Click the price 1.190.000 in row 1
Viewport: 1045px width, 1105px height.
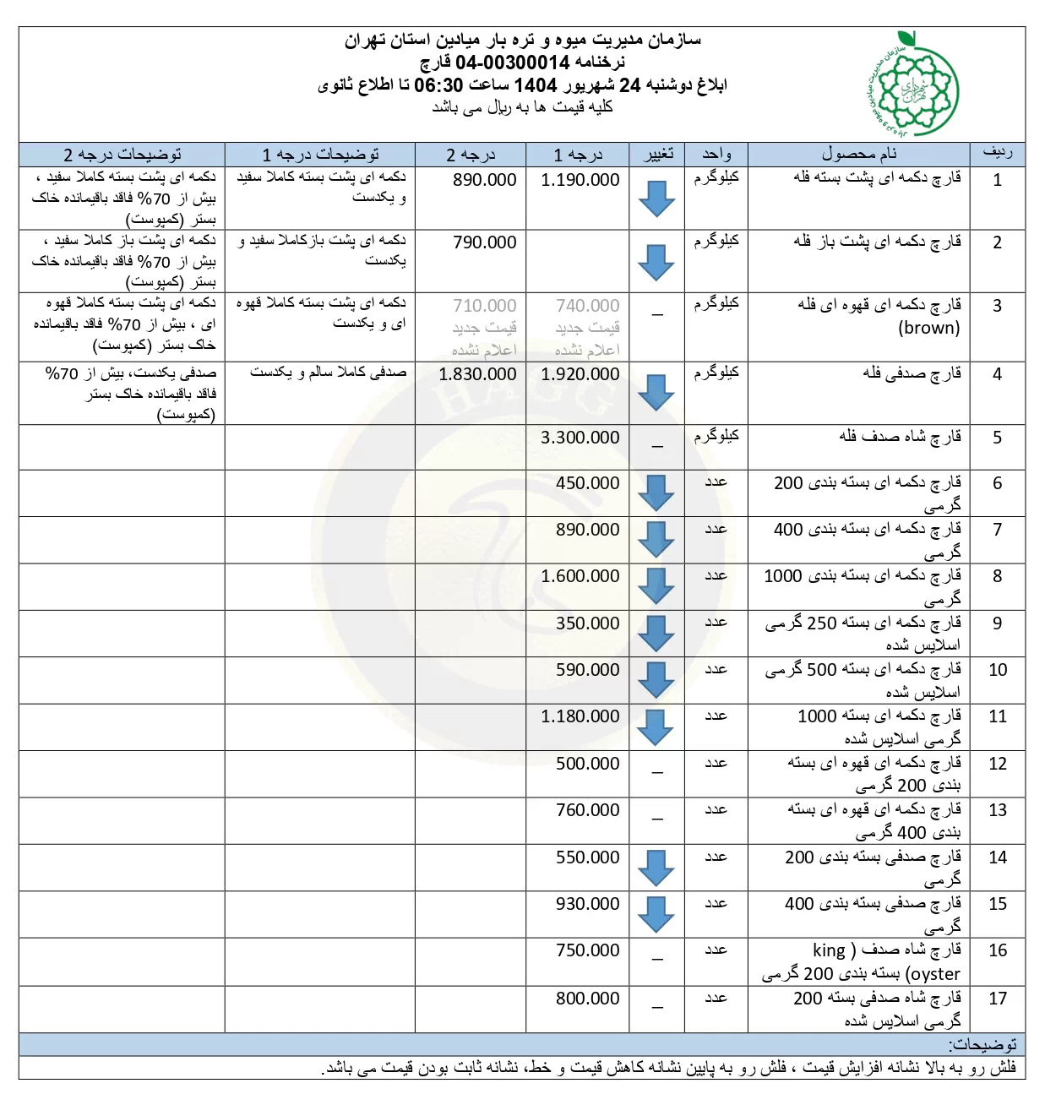click(580, 180)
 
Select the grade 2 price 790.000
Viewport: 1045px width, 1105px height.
click(484, 242)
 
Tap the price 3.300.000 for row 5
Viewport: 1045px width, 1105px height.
click(580, 438)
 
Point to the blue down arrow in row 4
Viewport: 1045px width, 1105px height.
click(656, 392)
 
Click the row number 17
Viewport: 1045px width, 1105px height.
click(998, 999)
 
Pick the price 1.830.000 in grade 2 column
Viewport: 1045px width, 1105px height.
click(477, 374)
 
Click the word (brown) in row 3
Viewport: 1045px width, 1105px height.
click(928, 328)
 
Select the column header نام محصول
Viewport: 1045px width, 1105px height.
click(859, 154)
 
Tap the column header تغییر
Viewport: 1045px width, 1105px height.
click(658, 154)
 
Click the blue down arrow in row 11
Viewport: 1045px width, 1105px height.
click(656, 727)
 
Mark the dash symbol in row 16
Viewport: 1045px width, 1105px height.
click(657, 960)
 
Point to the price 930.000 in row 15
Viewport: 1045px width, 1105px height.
click(587, 904)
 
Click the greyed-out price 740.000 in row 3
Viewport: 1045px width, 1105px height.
click(587, 306)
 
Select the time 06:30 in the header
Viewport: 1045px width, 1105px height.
click(438, 84)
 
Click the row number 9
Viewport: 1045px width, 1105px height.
click(998, 623)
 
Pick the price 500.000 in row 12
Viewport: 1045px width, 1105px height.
click(587, 764)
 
